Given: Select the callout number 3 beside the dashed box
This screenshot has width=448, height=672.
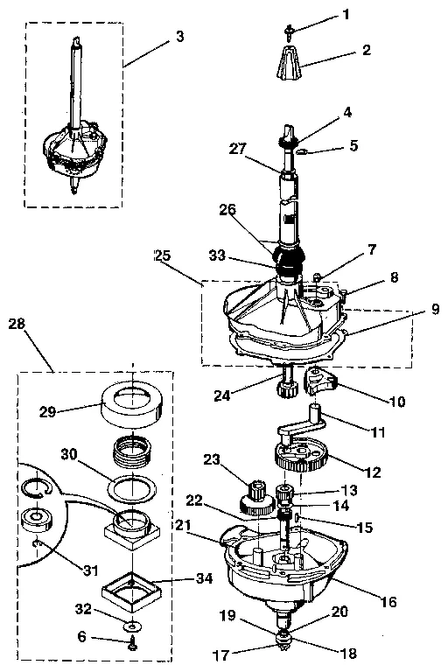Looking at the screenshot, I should (x=178, y=36).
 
